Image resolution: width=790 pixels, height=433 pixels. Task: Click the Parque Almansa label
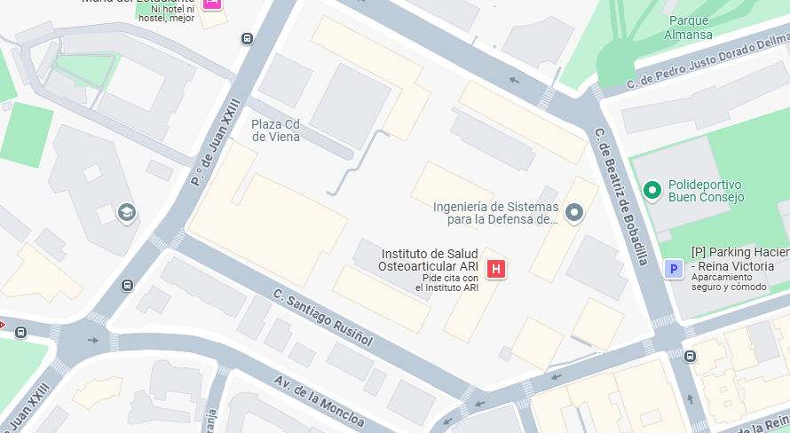tap(688, 28)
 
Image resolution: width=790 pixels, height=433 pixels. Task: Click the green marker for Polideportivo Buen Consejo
tap(652, 189)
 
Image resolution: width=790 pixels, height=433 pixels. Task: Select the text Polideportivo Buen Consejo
tap(706, 191)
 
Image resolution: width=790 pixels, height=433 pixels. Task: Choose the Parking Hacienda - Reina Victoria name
tap(739, 259)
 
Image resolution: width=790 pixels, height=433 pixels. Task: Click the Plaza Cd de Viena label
tap(275, 130)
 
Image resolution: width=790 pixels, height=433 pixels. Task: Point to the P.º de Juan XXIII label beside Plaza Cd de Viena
tap(216, 142)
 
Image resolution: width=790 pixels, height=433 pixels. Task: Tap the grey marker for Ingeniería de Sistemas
tap(574, 213)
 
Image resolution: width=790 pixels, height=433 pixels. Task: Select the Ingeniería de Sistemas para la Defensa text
tap(495, 213)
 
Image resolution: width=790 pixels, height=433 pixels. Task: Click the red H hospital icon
tap(496, 268)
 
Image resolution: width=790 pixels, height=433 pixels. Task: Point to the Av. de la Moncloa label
tap(319, 401)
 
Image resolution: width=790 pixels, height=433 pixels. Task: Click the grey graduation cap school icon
tap(127, 213)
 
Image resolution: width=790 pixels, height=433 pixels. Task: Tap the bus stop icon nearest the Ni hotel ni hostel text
tap(247, 39)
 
